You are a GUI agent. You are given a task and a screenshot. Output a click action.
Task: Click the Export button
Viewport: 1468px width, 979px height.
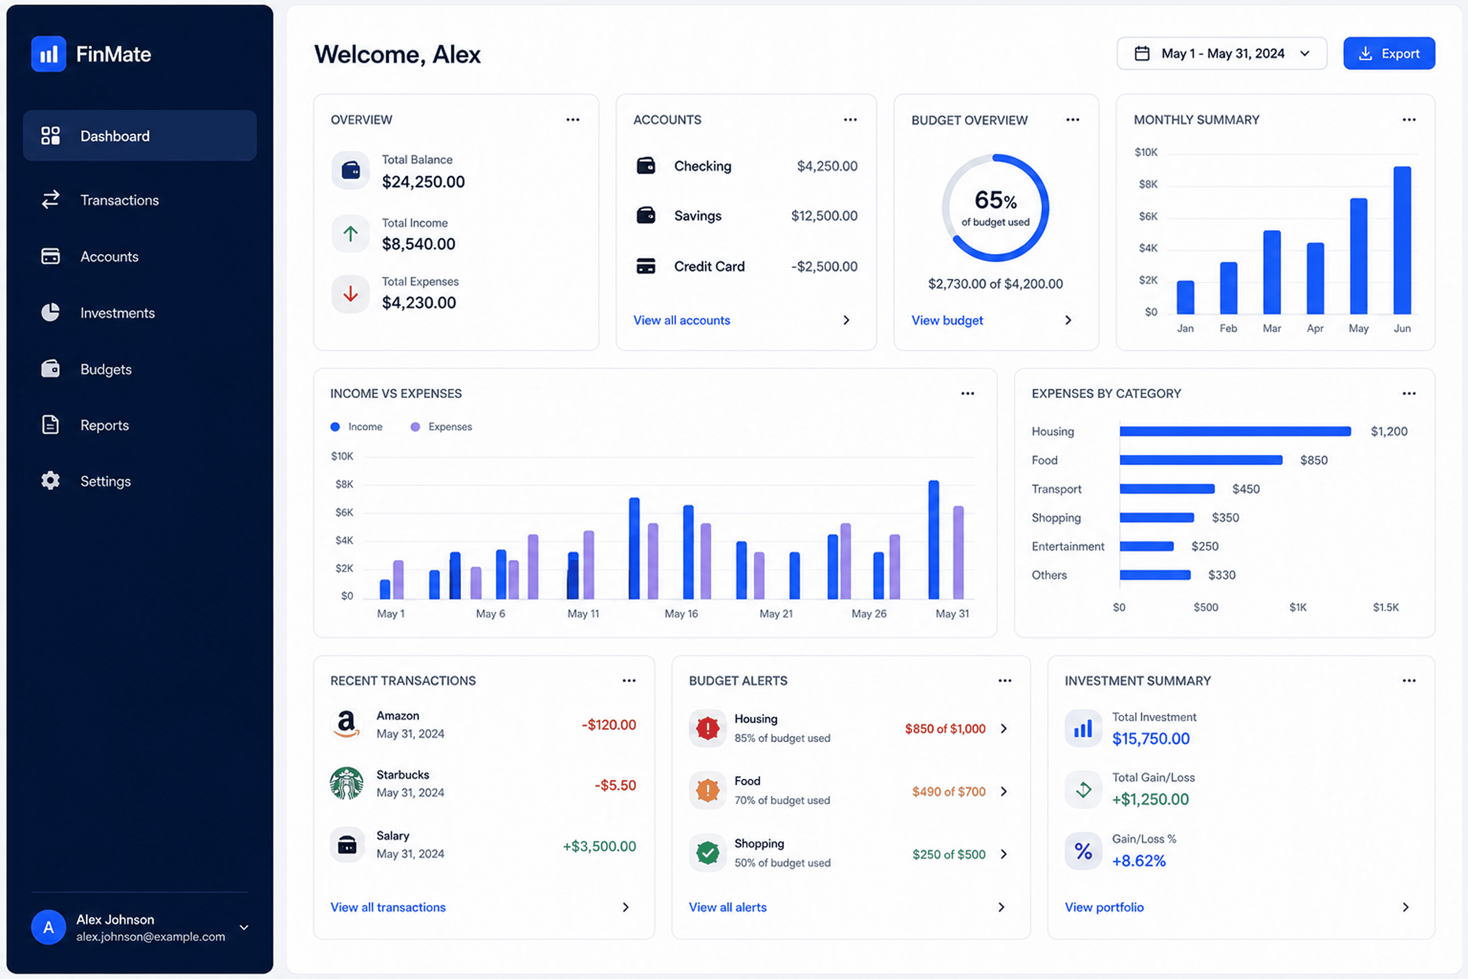[x=1389, y=54]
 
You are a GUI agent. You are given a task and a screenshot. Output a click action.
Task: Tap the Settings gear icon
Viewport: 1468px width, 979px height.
[x=50, y=481]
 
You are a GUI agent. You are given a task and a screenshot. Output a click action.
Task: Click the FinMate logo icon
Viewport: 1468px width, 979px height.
[x=49, y=54]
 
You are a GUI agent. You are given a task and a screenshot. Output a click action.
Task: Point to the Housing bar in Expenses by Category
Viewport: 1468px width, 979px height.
[x=1235, y=431]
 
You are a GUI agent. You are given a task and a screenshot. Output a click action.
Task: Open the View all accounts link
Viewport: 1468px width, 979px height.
[x=682, y=320]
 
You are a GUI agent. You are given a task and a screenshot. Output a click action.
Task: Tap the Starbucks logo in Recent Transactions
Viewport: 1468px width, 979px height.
[x=346, y=784]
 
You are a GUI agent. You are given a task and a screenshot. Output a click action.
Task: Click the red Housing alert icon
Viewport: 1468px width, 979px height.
[x=708, y=728]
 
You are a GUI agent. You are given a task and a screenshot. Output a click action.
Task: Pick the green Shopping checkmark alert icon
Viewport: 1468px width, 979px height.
[x=708, y=853]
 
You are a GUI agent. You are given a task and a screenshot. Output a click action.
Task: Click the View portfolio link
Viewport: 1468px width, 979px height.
[x=1104, y=907]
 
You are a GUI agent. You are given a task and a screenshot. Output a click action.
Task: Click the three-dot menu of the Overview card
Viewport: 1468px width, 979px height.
[x=573, y=120]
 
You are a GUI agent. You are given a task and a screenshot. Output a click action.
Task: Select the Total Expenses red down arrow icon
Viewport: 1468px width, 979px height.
[x=351, y=293]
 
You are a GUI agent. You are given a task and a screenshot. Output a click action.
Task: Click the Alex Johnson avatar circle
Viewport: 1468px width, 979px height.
[x=49, y=927]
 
